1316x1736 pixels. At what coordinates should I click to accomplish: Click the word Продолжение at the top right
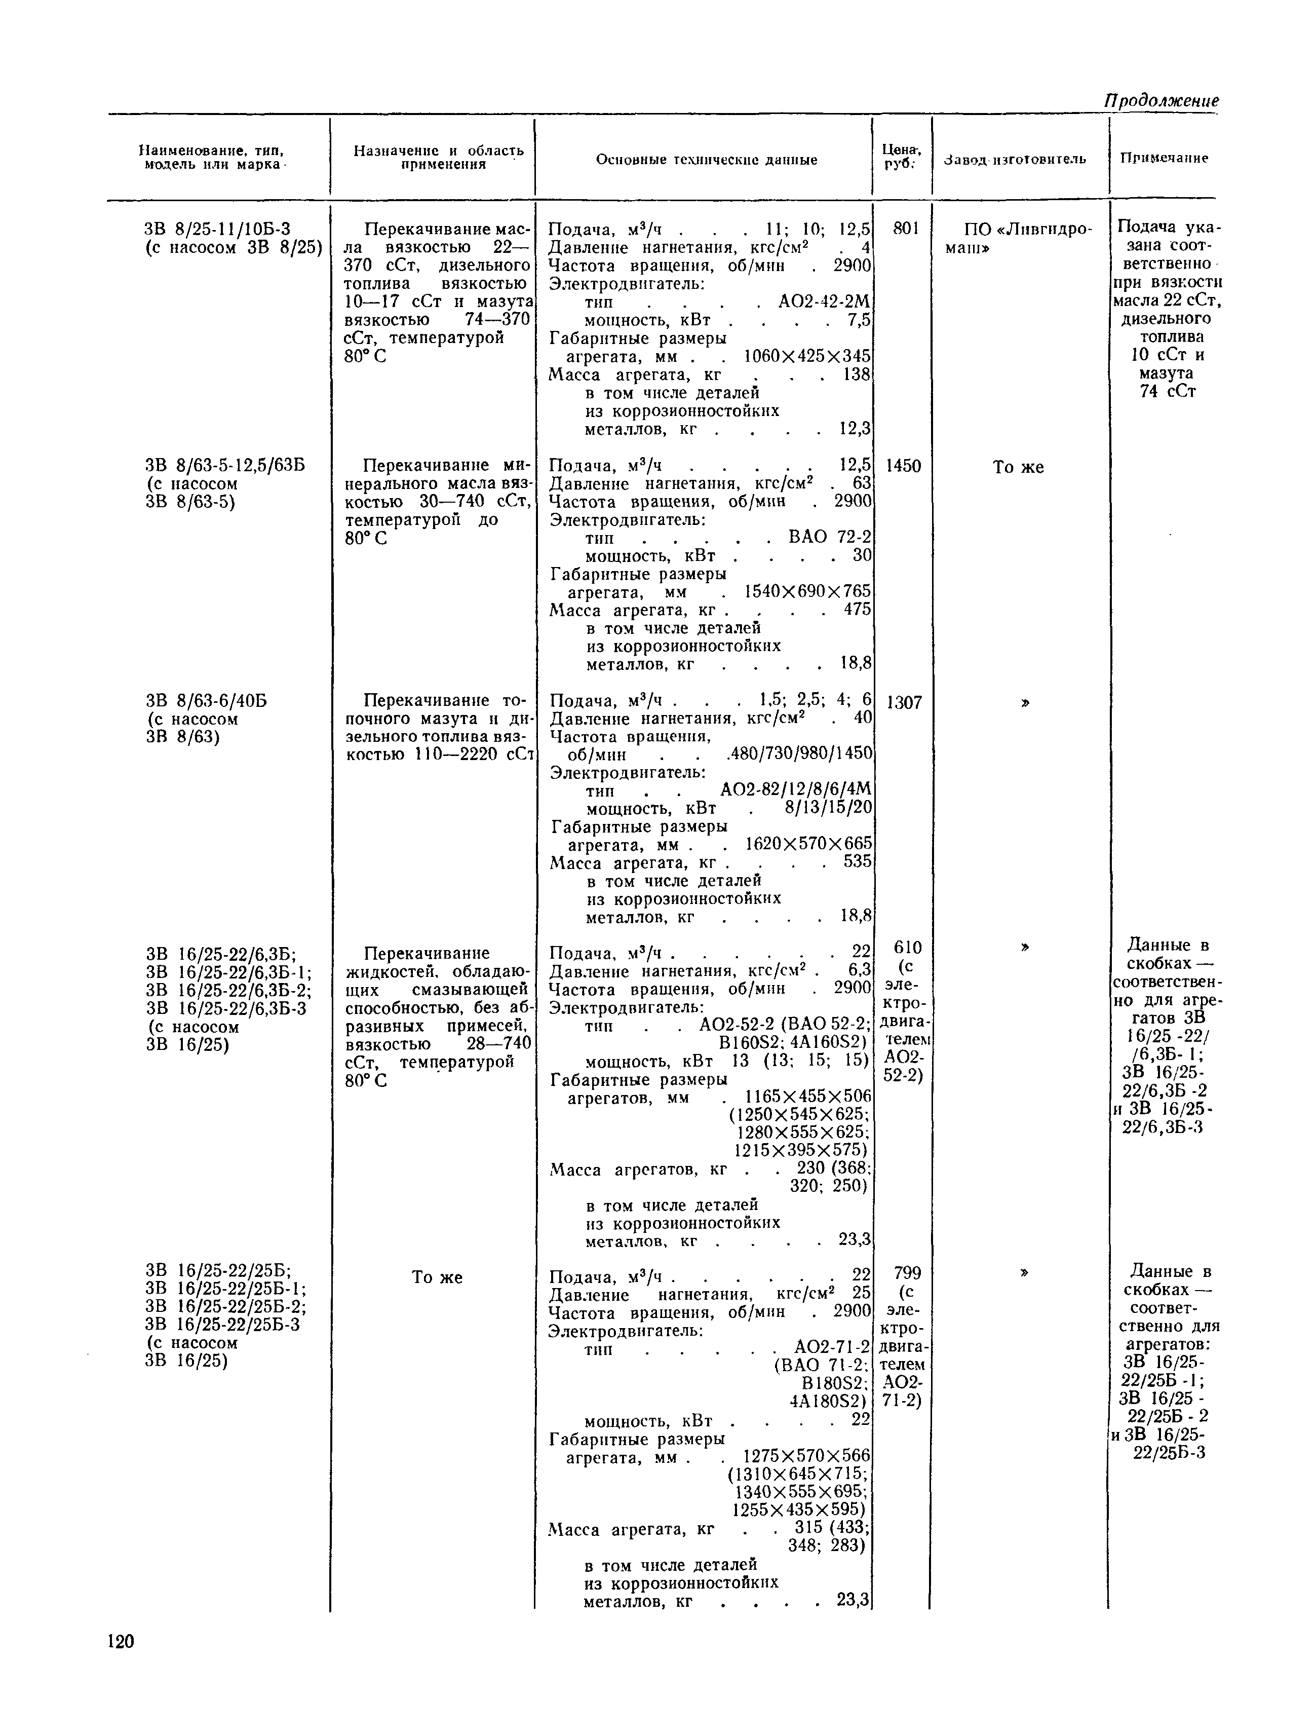1162,100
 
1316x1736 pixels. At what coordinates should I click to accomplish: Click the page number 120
122,1640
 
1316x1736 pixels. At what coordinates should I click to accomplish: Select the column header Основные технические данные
706,159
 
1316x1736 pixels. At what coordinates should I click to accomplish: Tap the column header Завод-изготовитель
1016,159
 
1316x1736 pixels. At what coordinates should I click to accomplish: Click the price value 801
906,229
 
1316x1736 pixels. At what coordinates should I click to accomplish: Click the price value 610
908,947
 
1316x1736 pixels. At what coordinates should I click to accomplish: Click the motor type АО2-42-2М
824,302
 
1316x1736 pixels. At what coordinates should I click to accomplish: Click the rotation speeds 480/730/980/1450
799,754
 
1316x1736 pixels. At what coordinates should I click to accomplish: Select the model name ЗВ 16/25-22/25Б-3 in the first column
223,1325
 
